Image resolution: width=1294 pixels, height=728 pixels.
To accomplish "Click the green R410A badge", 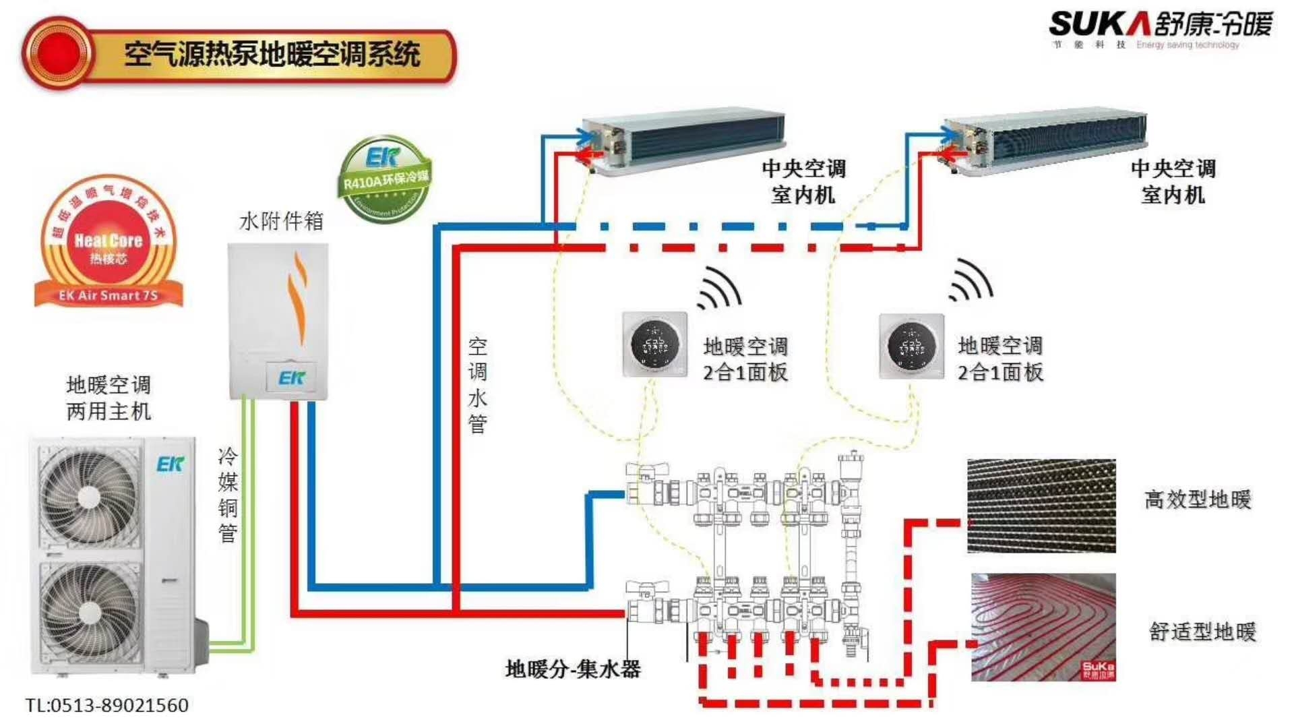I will pyautogui.click(x=384, y=179).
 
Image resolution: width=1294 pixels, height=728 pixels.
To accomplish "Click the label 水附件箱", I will pyautogui.click(x=281, y=221).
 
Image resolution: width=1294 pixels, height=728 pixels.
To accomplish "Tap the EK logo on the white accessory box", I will pyautogui.click(x=292, y=378).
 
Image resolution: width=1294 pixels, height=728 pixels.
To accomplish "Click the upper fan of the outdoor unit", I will pyautogui.click(x=88, y=497).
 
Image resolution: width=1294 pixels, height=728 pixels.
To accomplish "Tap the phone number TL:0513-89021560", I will pyautogui.click(x=107, y=706).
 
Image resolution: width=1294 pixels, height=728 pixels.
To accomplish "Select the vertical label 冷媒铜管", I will pyautogui.click(x=228, y=495).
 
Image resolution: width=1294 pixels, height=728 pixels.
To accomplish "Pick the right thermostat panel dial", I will pyautogui.click(x=911, y=346).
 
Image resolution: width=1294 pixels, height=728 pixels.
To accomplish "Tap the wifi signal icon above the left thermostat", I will pyautogui.click(x=720, y=288).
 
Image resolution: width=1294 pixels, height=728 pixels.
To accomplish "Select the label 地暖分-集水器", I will pyautogui.click(x=573, y=669).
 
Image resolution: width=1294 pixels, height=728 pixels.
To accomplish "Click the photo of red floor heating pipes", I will pyautogui.click(x=1043, y=627).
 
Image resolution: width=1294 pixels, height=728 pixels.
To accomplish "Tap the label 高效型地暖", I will pyautogui.click(x=1197, y=499).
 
